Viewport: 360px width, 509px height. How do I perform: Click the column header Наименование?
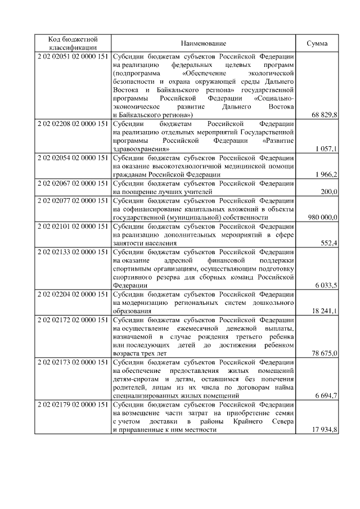pos(204,43)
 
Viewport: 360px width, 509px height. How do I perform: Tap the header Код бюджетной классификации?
pos(73,43)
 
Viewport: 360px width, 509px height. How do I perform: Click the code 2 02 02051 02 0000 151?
pos(73,56)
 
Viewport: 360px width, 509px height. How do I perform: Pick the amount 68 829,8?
pos(324,115)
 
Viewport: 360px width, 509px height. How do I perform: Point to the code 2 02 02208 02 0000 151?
pos(73,123)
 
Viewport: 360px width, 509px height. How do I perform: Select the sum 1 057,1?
pos(326,149)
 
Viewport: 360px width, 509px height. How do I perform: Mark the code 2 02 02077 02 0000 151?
pos(73,200)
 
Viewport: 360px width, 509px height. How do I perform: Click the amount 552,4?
pos(328,243)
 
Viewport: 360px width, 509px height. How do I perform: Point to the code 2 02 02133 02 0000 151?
pos(73,251)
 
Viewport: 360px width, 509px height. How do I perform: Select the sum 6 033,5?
pos(326,286)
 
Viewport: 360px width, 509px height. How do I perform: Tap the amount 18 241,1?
pos(324,311)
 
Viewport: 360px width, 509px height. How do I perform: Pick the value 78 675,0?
pos(324,353)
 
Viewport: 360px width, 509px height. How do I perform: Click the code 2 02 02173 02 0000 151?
pos(73,362)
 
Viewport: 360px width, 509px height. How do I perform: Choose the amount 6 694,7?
pos(326,396)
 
